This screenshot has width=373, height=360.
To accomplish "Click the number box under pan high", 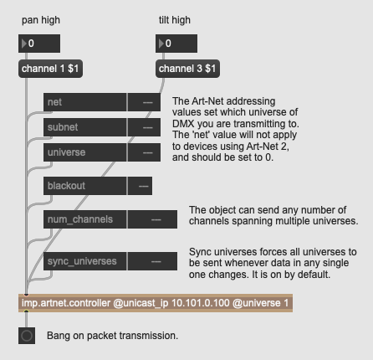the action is (x=39, y=44).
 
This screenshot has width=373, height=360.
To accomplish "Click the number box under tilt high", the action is (x=176, y=44).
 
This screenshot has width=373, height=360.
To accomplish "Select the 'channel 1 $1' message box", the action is (x=50, y=69).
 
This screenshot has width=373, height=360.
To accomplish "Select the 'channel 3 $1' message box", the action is (x=187, y=69).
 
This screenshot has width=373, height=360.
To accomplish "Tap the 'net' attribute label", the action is (x=84, y=102).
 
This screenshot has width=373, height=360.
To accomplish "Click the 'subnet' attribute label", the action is (x=84, y=127).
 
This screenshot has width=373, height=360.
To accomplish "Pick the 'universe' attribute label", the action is (x=84, y=152).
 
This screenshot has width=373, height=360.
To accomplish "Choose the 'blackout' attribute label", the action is (x=84, y=186).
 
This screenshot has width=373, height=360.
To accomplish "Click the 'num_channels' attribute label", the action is (x=84, y=219).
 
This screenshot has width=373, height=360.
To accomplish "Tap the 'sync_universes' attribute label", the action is (x=84, y=261).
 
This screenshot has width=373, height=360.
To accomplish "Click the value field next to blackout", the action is (x=140, y=186).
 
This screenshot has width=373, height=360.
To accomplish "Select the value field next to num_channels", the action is (x=152, y=219).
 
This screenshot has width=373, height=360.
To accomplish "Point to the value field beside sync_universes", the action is (x=152, y=261).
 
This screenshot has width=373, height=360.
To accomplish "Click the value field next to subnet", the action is (x=144, y=127).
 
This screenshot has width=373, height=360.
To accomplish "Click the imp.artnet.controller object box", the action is (x=156, y=303).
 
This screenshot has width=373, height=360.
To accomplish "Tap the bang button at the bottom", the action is (x=27, y=336).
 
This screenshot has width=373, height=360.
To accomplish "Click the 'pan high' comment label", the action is (x=41, y=20).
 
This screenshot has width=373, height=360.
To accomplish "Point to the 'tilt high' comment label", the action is (x=175, y=20).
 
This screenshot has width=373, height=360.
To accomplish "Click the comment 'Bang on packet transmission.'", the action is (x=112, y=336).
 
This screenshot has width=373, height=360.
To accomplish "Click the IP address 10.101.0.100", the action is (x=201, y=303).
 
